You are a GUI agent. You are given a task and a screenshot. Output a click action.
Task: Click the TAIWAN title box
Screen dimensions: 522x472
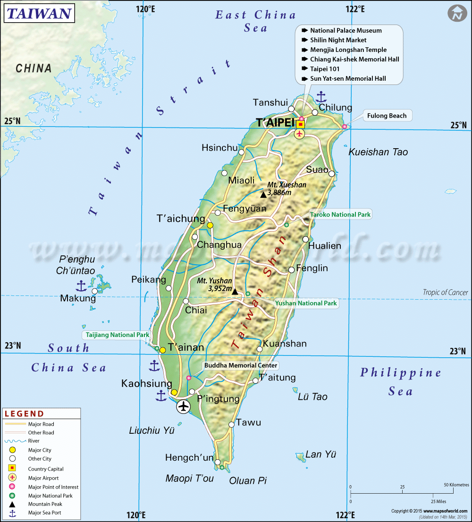point(39,13)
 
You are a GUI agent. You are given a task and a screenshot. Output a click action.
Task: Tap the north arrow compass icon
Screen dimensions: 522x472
point(456,13)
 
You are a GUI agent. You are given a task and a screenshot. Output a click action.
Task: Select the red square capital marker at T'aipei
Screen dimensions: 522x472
point(300,124)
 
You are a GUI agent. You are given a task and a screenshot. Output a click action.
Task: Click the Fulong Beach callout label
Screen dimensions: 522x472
point(388,116)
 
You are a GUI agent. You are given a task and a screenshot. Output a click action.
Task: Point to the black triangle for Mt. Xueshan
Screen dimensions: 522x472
point(263,194)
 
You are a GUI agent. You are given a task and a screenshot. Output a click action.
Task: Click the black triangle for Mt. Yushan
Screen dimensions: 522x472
point(235,292)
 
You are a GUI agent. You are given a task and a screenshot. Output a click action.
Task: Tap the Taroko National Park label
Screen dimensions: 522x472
point(340,215)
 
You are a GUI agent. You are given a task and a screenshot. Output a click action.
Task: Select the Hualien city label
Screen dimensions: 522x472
point(324,246)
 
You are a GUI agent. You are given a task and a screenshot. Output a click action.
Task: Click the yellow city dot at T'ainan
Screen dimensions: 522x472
point(162,350)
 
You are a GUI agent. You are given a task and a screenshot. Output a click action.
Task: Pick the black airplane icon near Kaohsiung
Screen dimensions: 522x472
point(183,406)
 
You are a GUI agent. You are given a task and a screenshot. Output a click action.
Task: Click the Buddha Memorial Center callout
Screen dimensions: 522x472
point(241,365)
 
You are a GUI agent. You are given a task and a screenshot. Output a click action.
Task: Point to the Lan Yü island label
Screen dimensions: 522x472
point(321,455)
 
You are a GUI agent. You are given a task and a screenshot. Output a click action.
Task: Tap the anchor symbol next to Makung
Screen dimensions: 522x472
point(81,286)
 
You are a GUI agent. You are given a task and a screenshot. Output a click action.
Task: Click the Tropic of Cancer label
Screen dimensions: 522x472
point(445,293)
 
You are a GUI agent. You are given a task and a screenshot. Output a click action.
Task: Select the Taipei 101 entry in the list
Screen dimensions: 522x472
point(325,69)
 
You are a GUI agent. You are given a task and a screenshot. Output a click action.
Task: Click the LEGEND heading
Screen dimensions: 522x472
point(24,414)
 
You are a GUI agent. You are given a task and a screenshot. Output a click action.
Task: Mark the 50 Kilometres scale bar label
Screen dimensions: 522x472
point(456,485)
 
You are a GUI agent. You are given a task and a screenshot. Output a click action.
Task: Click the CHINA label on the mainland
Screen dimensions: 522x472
point(34,68)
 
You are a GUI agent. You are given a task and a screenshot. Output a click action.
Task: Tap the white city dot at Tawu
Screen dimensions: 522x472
point(231,425)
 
